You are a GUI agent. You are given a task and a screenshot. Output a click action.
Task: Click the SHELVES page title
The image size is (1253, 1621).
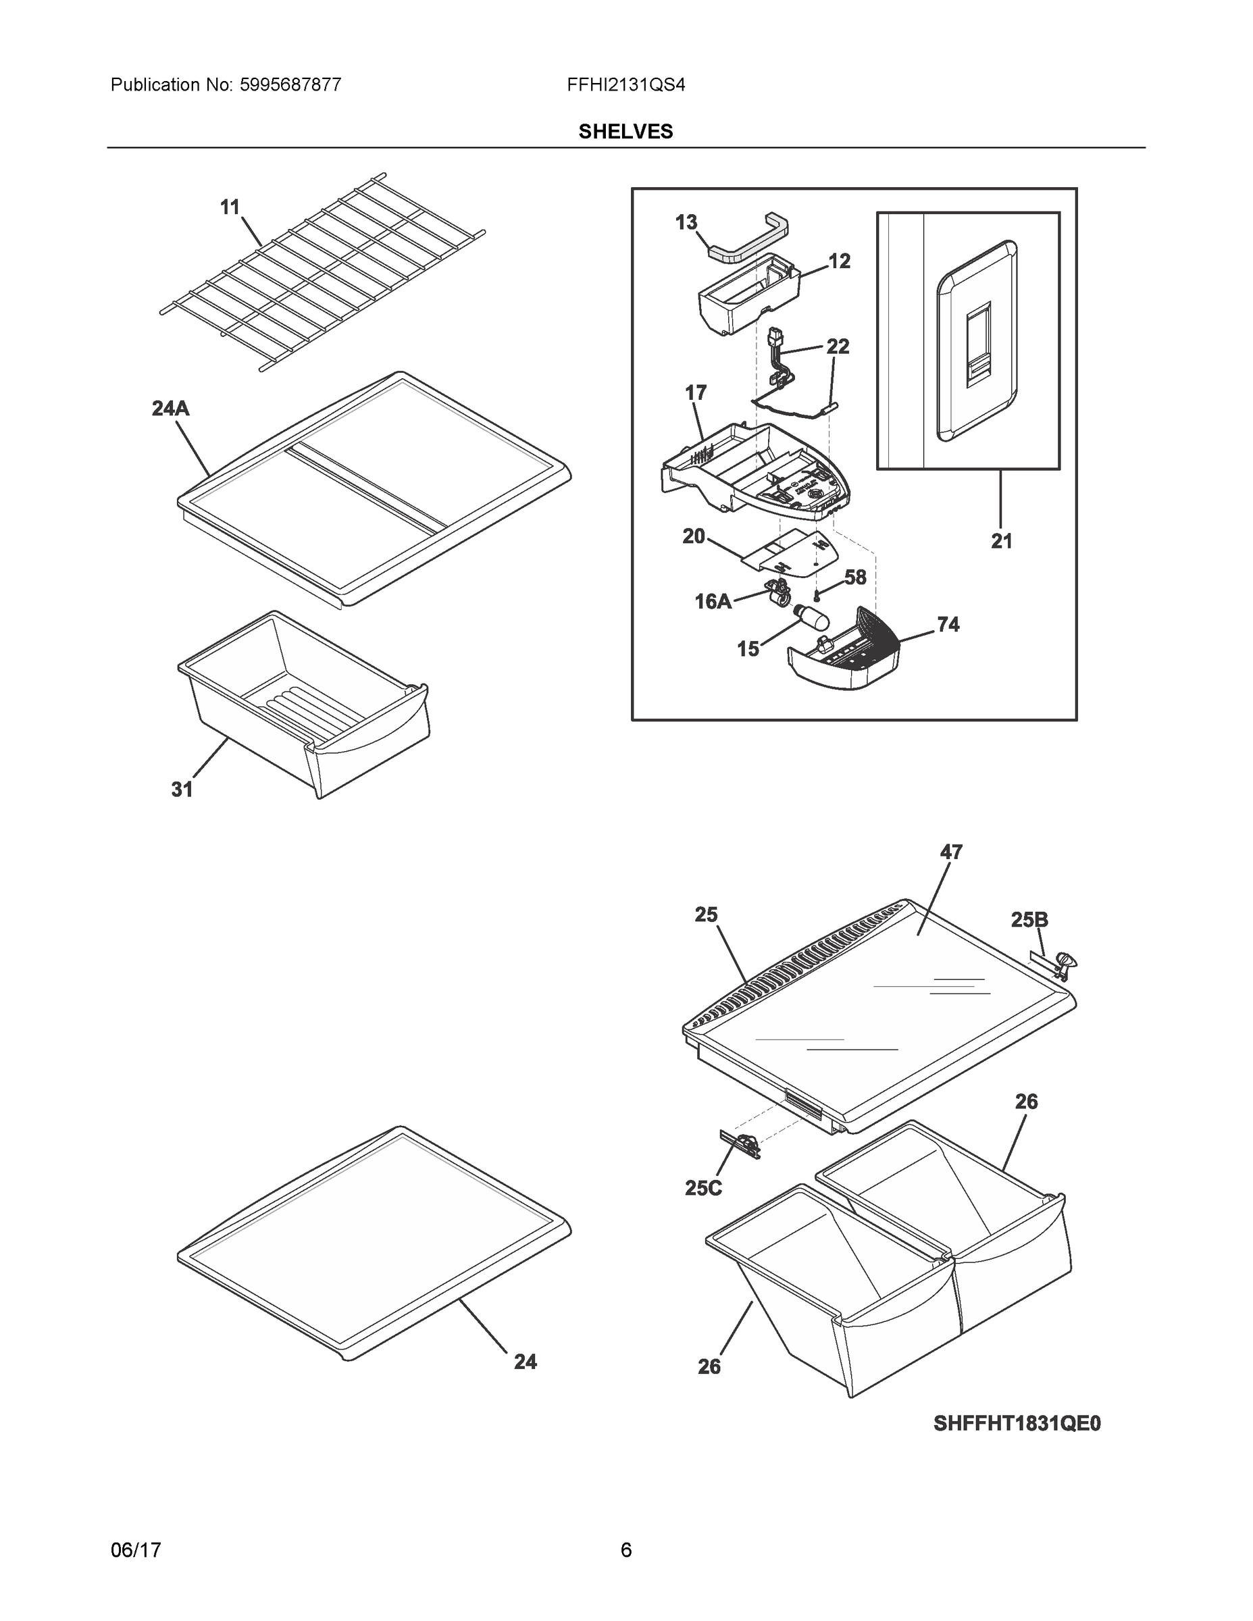click(625, 132)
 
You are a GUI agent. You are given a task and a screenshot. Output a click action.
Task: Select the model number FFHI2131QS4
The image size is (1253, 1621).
click(625, 84)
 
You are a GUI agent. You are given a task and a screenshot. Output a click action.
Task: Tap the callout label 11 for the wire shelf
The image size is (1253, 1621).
click(230, 207)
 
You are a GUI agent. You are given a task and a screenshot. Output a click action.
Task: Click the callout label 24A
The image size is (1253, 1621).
click(170, 408)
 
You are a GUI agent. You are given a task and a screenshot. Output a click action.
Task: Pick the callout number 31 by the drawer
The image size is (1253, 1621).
click(182, 790)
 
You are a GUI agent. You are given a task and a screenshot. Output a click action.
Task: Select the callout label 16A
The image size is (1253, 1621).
click(713, 601)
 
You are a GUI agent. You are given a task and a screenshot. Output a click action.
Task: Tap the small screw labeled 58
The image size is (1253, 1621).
click(817, 594)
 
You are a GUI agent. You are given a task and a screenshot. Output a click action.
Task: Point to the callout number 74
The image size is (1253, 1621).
click(948, 624)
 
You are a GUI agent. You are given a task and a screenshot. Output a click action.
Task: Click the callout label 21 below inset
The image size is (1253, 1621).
click(1001, 541)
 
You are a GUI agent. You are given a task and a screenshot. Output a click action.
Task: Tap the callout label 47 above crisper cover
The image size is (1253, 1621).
click(951, 852)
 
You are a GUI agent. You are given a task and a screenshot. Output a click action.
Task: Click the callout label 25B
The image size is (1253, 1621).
click(1029, 920)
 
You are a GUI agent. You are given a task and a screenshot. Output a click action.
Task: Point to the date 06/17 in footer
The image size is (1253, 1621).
click(136, 1550)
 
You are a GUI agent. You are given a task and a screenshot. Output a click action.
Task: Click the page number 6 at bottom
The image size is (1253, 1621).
click(625, 1550)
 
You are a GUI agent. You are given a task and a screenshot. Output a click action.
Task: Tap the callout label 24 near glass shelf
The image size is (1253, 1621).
click(525, 1361)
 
